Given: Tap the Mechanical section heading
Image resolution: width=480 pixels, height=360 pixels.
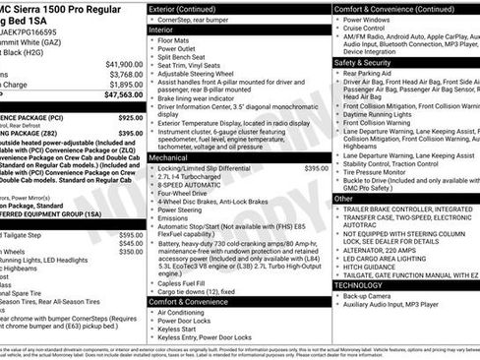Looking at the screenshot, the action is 169,157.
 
